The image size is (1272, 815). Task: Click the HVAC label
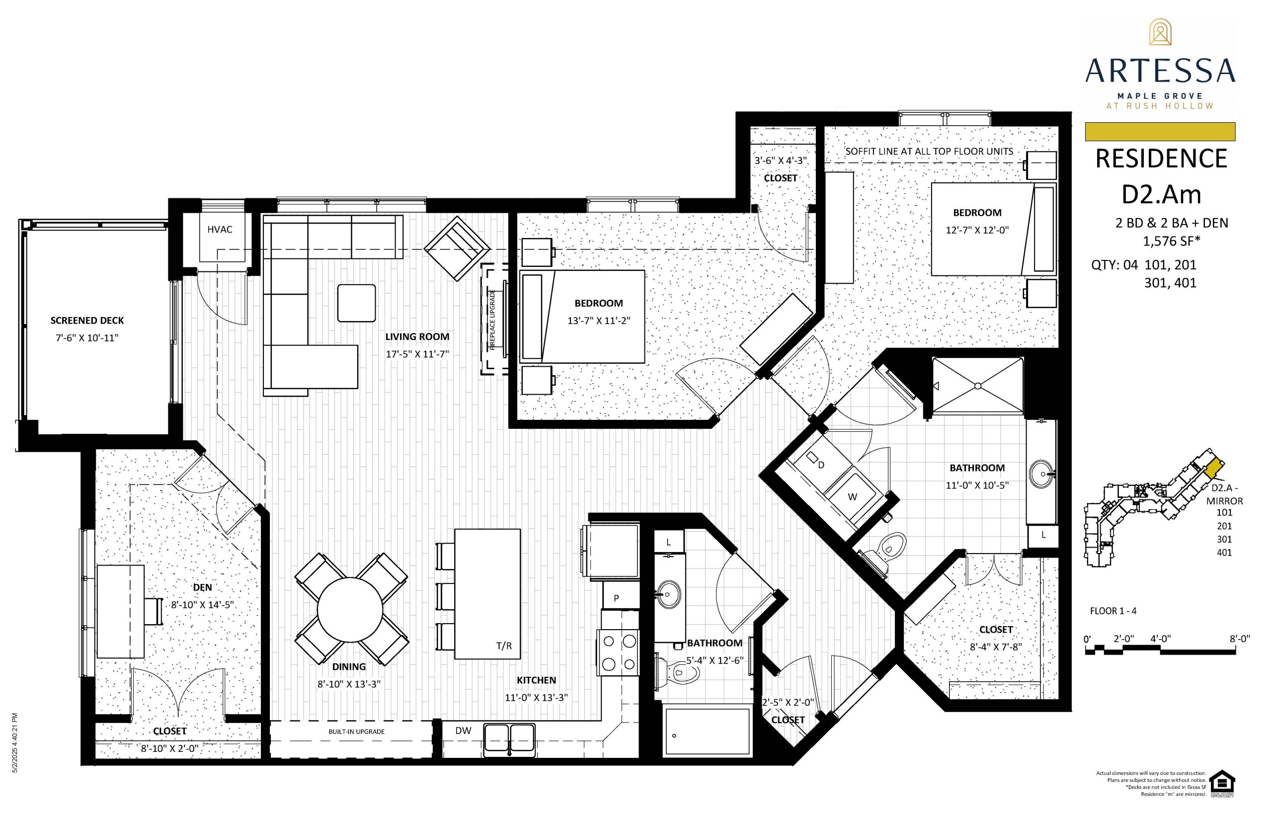coord(220,229)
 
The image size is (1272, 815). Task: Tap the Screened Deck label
coord(87,320)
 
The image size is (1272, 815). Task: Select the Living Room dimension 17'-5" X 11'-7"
coord(417,354)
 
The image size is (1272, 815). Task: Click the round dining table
coord(350,609)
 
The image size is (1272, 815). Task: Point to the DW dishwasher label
coord(464,731)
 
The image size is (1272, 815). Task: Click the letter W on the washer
coord(853,496)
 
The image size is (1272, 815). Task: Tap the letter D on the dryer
coord(821,465)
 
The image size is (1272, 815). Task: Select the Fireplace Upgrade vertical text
coord(492,320)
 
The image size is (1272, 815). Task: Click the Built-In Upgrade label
coord(356,732)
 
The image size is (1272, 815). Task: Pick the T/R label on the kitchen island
coord(504,646)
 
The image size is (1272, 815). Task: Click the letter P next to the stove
coord(617,598)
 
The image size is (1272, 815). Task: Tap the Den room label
coord(202,587)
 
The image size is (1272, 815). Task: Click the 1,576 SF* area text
coord(1172,242)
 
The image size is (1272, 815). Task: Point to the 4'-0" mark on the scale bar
coord(1160,639)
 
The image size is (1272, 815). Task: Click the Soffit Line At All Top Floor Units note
coord(929,152)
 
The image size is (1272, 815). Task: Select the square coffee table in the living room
coord(357,303)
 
